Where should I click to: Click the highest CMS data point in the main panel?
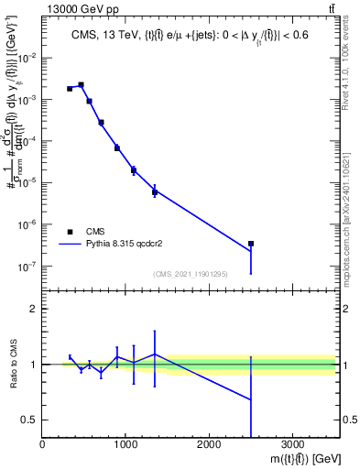coord(81,85)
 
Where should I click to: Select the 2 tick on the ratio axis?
coord(33,309)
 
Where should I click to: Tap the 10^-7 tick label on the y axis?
coord(27,267)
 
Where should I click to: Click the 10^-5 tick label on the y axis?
coord(27,183)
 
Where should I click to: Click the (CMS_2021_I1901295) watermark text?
coord(190,274)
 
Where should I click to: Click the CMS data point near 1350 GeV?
coord(155,191)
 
